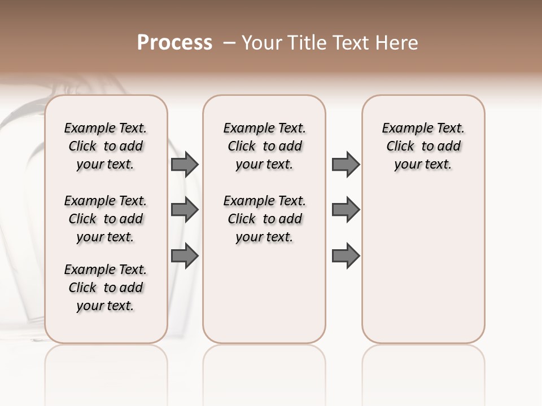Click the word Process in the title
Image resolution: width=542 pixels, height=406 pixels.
pyautogui.click(x=174, y=43)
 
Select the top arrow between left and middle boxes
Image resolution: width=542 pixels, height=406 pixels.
pyautogui.click(x=185, y=164)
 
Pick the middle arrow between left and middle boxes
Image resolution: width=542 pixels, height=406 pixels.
pyautogui.click(x=185, y=210)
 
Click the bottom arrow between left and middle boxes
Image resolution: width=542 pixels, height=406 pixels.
pyautogui.click(x=185, y=255)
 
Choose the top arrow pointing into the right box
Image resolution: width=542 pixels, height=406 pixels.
pyautogui.click(x=346, y=164)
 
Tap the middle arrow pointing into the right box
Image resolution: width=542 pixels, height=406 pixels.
pyautogui.click(x=346, y=210)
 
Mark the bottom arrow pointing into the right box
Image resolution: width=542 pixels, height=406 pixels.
pyautogui.click(x=346, y=255)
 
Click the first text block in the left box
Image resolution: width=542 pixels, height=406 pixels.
pyautogui.click(x=106, y=146)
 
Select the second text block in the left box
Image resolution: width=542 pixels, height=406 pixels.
pyautogui.click(x=106, y=219)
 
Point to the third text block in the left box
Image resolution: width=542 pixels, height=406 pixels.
pyautogui.click(x=106, y=288)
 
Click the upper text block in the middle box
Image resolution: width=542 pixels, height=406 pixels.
pyautogui.click(x=264, y=146)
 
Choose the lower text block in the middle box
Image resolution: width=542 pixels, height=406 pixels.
pyautogui.click(x=264, y=219)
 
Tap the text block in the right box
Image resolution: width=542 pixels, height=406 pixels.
pyautogui.click(x=423, y=146)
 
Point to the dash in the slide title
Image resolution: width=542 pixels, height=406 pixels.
pyautogui.click(x=229, y=43)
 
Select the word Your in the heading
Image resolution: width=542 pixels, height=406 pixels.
pyautogui.click(x=262, y=43)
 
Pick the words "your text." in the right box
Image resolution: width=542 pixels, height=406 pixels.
pyautogui.click(x=423, y=165)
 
